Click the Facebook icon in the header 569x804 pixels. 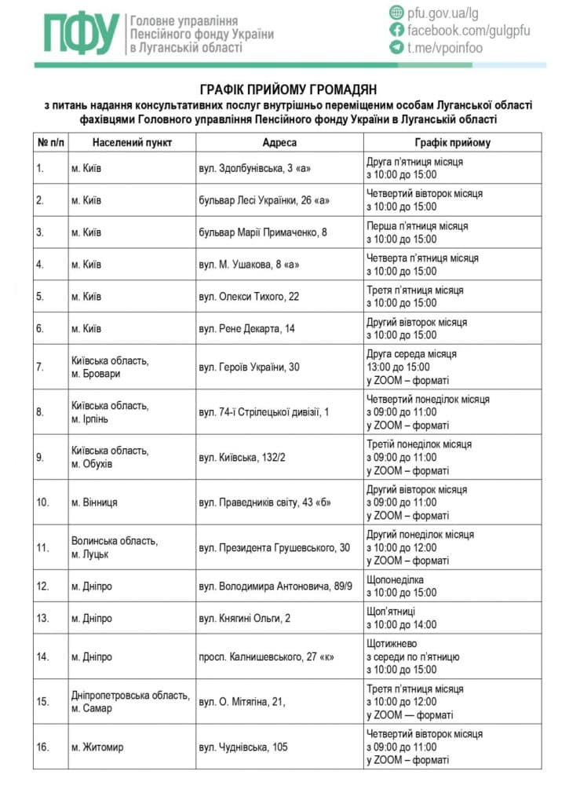(396, 30)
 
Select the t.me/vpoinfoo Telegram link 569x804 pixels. (444, 47)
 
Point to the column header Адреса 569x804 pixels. (279, 143)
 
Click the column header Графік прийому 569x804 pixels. (452, 143)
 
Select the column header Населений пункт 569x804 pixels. (132, 143)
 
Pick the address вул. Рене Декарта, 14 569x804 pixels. (246, 329)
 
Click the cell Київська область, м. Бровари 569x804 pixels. (110, 367)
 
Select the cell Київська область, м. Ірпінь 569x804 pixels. (110, 412)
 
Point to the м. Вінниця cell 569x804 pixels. (95, 502)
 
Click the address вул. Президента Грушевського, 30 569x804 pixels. (274, 547)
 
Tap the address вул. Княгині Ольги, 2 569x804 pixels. (244, 619)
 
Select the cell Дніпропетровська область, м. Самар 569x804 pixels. (129, 702)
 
